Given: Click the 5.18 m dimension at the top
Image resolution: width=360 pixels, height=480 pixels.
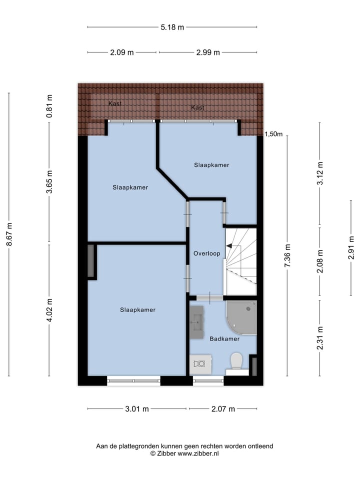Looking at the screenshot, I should point(172,27).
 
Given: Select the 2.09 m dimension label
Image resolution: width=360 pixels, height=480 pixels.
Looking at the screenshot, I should point(122,52).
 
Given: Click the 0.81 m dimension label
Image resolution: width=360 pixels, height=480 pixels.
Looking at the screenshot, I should point(49,106).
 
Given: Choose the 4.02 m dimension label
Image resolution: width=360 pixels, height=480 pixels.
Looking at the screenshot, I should point(49,310).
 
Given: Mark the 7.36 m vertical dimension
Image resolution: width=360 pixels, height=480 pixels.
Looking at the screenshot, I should point(287,255).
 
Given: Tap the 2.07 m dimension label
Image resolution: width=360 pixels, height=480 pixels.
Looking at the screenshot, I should point(223,409).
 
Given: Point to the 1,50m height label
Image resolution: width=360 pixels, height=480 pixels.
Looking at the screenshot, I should point(273,134).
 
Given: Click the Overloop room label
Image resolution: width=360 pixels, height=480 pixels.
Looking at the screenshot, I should point(206,253).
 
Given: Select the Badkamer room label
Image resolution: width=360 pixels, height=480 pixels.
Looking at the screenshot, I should point(224,338).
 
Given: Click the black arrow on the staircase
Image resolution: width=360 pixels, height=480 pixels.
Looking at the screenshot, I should point(229,245).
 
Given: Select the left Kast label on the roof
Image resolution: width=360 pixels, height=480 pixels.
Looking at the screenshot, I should point(115,103).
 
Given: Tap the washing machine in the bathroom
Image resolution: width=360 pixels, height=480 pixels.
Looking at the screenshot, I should point(201,363).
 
